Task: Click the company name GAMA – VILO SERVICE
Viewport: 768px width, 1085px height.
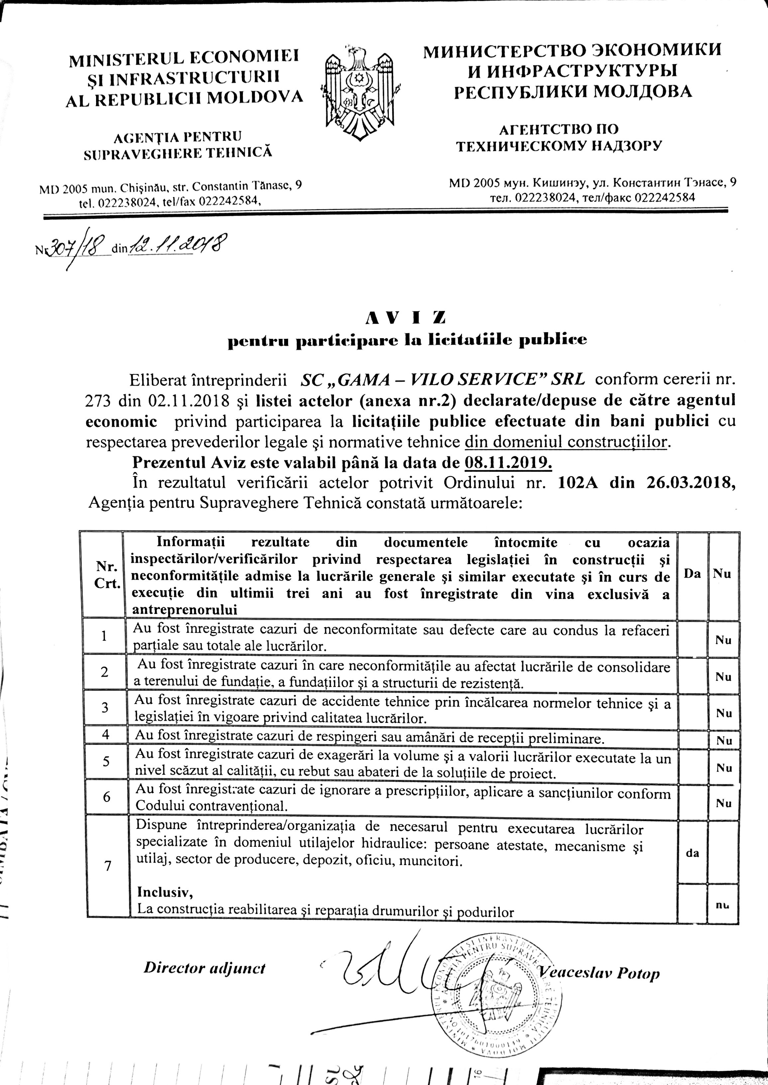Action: point(442,379)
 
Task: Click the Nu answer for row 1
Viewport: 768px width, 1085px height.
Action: point(723,641)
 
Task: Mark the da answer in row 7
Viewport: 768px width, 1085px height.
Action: point(692,853)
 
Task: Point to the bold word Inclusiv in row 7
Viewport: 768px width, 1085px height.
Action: point(165,892)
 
